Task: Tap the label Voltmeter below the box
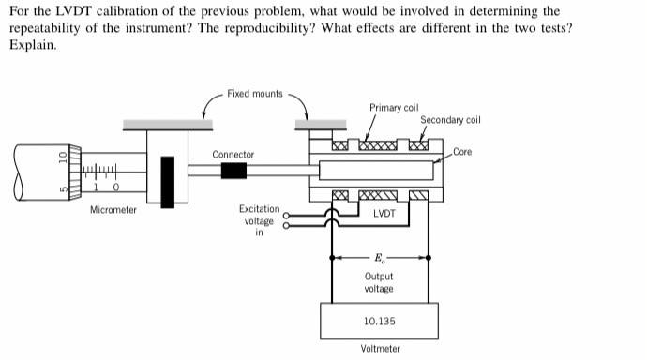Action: pyautogui.click(x=380, y=349)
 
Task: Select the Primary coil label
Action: pyautogui.click(x=393, y=108)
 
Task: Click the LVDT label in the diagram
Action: pyautogui.click(x=384, y=213)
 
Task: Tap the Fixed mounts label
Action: pyautogui.click(x=254, y=94)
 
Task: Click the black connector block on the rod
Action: pyautogui.click(x=233, y=171)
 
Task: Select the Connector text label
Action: pyautogui.click(x=233, y=154)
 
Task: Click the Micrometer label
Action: pyautogui.click(x=113, y=210)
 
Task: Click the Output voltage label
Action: pyautogui.click(x=379, y=282)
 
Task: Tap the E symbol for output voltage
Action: pyautogui.click(x=379, y=257)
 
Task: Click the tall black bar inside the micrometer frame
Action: pyautogui.click(x=169, y=177)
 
